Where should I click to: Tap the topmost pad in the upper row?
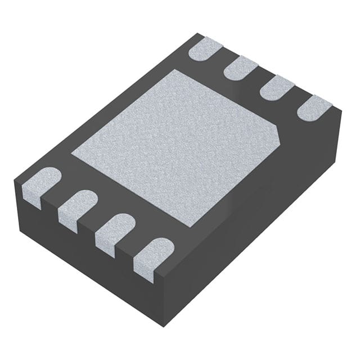pyautogui.click(x=205, y=48)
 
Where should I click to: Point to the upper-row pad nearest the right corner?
pyautogui.click(x=315, y=107)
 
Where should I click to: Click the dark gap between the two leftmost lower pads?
pyautogui.click(x=58, y=200)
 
